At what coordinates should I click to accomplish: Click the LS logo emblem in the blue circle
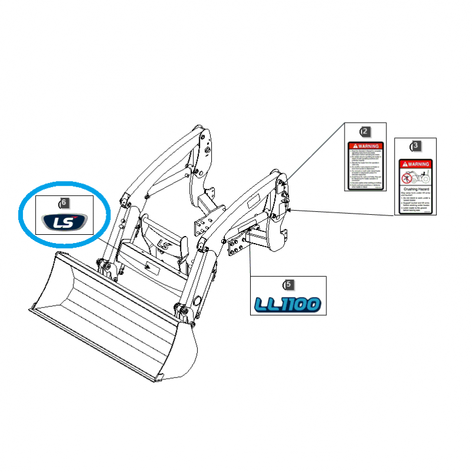point(63,222)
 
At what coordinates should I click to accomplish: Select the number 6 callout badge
point(64,202)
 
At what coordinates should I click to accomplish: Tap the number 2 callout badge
point(365,131)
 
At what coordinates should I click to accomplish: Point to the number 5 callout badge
point(289,284)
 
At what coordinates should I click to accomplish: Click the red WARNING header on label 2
point(365,146)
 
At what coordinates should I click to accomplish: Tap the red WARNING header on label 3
point(415,164)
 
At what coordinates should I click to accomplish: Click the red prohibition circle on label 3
point(407,177)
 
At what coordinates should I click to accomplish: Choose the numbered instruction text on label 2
point(365,168)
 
